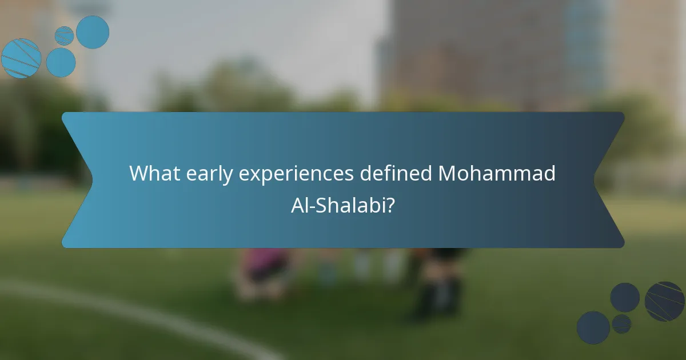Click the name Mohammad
497,173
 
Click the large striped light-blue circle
21,58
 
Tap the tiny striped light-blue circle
64,35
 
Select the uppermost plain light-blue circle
93,32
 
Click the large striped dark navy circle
664,301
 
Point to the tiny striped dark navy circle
621,324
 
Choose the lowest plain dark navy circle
593,327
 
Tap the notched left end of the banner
77,180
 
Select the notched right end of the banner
609,180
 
